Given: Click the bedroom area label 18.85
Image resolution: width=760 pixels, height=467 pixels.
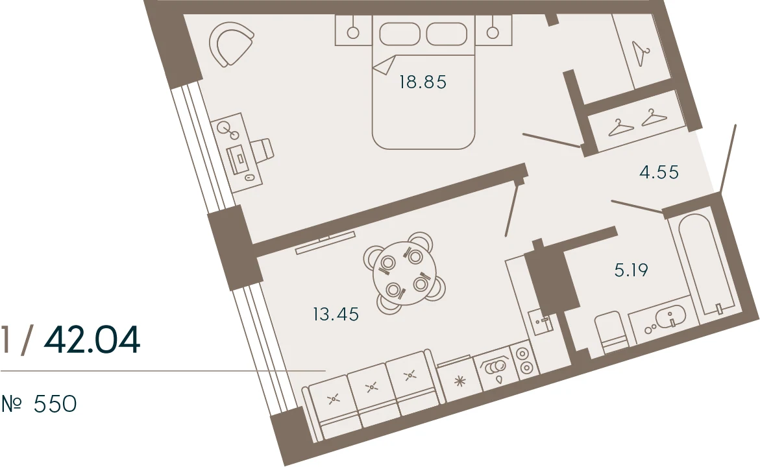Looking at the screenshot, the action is pyautogui.click(x=423, y=82).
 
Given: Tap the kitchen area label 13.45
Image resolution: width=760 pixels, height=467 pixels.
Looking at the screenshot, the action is pyautogui.click(x=336, y=315).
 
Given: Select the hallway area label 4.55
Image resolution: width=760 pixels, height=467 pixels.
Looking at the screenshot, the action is pyautogui.click(x=659, y=172).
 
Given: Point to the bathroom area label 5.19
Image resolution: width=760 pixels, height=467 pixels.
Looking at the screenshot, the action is pyautogui.click(x=631, y=270).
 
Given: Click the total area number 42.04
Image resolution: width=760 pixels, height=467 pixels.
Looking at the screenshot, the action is pyautogui.click(x=92, y=340).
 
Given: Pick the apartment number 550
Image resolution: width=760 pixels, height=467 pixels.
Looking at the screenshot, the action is pyautogui.click(x=55, y=404).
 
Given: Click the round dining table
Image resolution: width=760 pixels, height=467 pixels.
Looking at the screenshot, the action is pyautogui.click(x=405, y=273).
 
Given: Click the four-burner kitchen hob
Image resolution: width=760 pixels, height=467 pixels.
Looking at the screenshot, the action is pyautogui.click(x=524, y=361).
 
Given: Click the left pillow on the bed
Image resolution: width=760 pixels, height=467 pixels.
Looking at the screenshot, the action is pyautogui.click(x=399, y=34).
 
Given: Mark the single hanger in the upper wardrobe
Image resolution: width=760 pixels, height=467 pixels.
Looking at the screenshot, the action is pyautogui.click(x=641, y=53).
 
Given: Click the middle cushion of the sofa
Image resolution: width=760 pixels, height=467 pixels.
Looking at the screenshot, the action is pyautogui.click(x=373, y=387).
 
